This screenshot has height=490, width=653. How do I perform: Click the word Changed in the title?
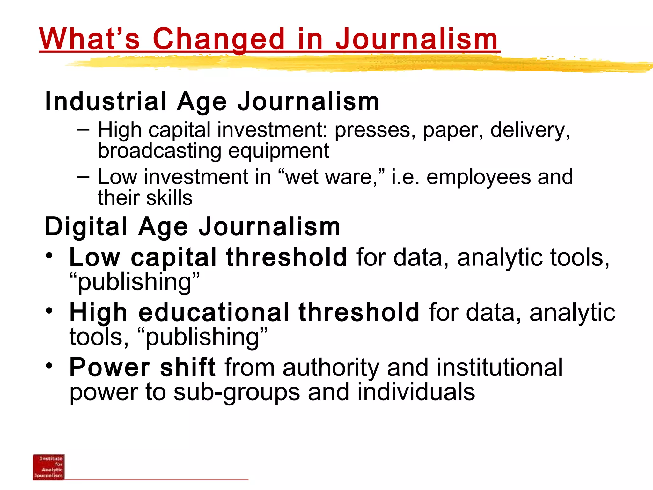(218, 40)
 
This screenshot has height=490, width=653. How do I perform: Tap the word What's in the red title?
(90, 40)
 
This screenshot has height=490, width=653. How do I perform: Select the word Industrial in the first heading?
(106, 101)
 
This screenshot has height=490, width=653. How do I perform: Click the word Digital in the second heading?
(86, 226)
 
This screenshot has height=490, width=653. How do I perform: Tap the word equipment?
(279, 151)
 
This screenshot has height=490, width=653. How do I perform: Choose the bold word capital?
(174, 258)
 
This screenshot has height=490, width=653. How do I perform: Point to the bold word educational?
(214, 312)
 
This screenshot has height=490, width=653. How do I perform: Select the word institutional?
(499, 367)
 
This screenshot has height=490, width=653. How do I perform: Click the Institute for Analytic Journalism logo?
(49, 467)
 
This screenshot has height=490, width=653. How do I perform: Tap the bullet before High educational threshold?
(49, 310)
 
